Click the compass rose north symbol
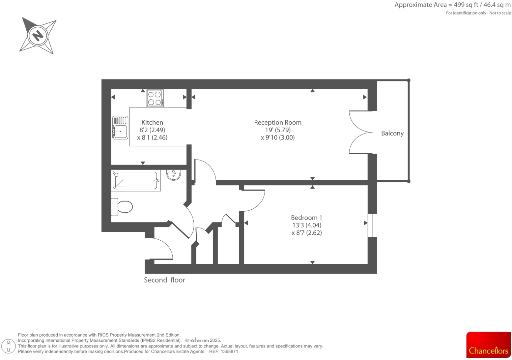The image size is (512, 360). coord(38,35)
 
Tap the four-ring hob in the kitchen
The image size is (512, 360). coord(155,98)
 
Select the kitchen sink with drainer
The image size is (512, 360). coord(120,128)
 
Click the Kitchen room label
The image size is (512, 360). coord(152,122)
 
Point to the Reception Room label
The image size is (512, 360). coord(277,122)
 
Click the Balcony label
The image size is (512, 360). coord(392,133)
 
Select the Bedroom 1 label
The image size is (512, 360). coord(306,218)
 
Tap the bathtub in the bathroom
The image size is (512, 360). coord(136,180)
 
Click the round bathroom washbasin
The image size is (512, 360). coord(173,175)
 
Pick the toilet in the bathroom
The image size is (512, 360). coord(122,207)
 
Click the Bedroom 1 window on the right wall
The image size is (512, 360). coord(372,225)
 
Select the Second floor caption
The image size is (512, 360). coord(164,280)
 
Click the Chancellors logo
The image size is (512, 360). coord(488,345)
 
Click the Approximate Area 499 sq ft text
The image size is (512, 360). coord(452,5)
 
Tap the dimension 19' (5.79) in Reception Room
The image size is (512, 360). coord(277,130)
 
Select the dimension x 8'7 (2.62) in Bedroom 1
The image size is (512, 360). coord(306,233)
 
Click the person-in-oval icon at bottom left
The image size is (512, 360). coord(9,346)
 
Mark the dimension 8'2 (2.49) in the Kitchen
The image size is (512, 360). coord(152,130)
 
